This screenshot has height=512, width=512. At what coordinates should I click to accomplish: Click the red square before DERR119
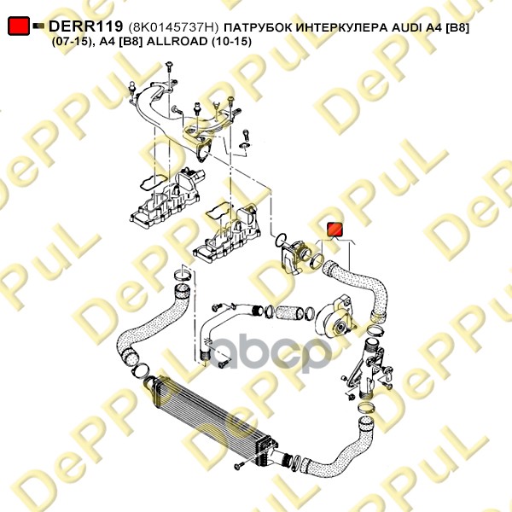pos(18,27)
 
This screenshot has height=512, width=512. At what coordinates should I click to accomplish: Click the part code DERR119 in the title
pos(85,27)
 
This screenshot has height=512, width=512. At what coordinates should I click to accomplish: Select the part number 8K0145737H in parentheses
pos(172,28)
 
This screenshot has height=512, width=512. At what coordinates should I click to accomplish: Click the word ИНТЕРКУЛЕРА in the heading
pos(325,28)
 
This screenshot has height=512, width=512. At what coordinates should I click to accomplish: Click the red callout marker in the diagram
pos(334,229)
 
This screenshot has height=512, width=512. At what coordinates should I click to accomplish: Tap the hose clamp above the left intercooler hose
pos(182,276)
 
